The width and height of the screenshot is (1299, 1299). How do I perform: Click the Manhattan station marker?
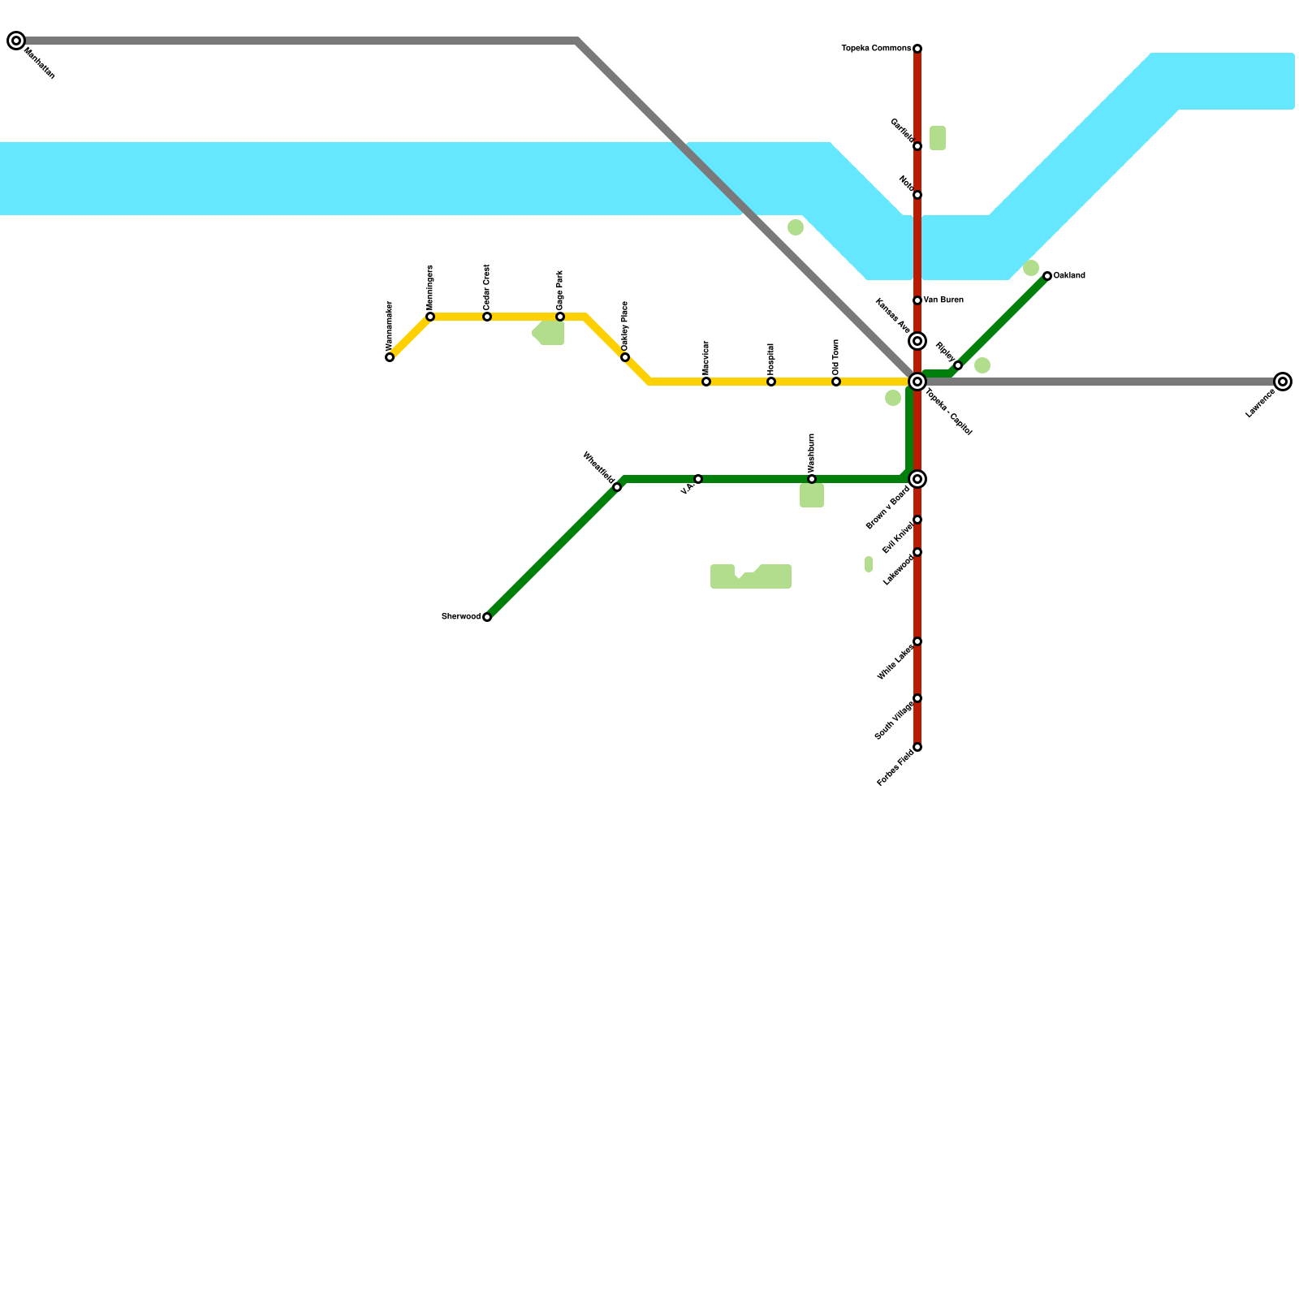point(16,41)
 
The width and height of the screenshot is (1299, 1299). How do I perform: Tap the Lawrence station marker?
point(1283,382)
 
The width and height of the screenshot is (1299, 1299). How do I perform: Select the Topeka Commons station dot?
point(917,49)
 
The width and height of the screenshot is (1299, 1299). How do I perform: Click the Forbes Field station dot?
point(917,747)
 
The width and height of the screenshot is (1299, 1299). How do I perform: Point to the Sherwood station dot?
point(487,617)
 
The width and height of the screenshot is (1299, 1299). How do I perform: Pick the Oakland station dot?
point(1047,276)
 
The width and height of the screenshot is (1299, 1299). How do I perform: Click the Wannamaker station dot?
point(390,357)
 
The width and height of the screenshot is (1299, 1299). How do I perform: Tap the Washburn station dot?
point(812,479)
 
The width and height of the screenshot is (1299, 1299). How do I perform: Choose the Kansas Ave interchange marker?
point(917,341)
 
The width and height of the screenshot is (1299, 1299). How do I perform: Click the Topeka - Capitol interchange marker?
point(917,382)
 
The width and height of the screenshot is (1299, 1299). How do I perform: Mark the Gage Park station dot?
point(560,317)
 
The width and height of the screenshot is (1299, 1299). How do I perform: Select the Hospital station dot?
point(771,382)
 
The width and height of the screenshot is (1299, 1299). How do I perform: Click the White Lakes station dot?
point(917,641)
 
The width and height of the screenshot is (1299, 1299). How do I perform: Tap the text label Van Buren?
point(943,300)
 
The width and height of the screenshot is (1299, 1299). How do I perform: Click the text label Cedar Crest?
point(487,287)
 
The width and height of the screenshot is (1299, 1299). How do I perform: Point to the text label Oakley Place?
point(625,326)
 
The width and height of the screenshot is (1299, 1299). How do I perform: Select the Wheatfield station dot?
point(617,487)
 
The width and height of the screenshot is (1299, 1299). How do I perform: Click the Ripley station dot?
point(958,365)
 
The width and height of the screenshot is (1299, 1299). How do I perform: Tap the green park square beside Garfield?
point(938,138)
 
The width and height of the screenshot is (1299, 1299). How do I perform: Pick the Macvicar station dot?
point(706,382)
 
